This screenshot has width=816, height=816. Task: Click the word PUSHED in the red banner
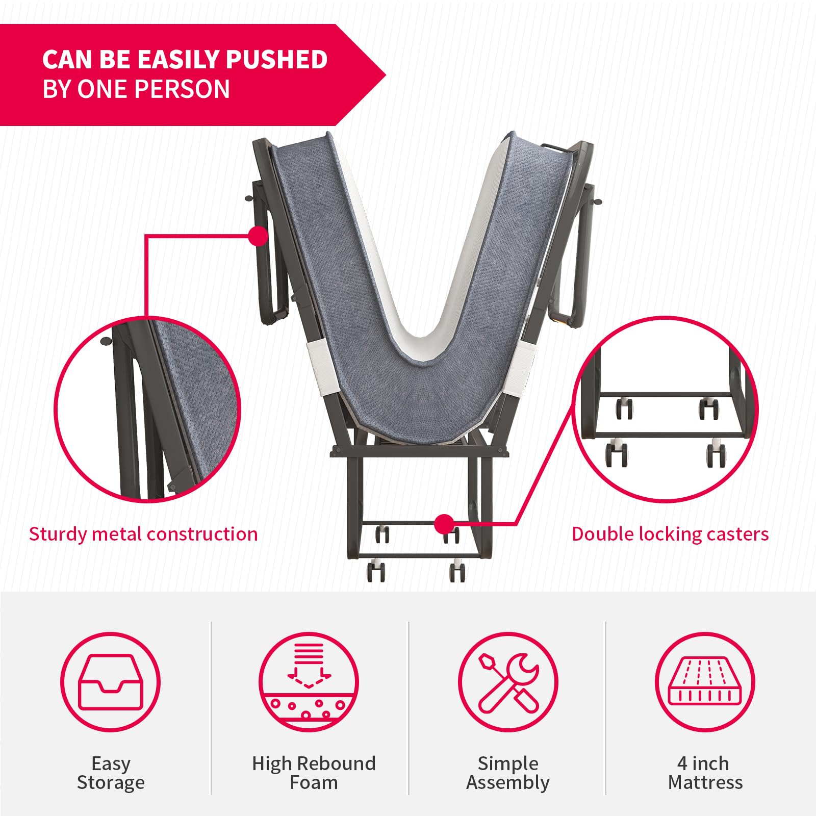(x=276, y=59)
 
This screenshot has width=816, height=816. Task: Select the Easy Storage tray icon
(x=111, y=682)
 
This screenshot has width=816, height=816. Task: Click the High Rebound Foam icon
(x=309, y=682)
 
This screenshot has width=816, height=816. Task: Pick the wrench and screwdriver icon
(x=508, y=682)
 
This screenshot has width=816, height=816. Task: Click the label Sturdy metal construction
(x=143, y=534)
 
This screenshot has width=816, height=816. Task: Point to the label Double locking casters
(x=670, y=534)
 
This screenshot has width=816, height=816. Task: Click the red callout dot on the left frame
(x=259, y=236)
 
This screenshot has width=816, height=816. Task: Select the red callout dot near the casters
(x=444, y=524)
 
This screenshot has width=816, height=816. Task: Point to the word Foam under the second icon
(x=314, y=782)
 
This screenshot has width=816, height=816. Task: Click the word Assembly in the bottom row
(x=508, y=783)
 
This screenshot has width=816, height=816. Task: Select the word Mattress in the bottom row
(x=705, y=782)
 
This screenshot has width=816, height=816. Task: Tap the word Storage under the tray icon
(x=111, y=783)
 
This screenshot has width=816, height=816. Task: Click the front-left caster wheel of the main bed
(x=376, y=571)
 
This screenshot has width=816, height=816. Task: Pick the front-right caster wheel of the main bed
(x=457, y=571)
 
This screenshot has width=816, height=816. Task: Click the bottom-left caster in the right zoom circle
(x=617, y=453)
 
